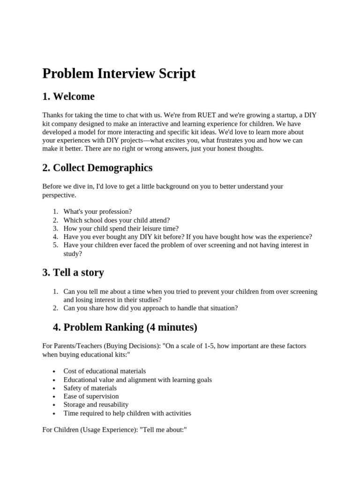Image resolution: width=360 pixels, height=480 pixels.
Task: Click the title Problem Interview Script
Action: click(119, 74)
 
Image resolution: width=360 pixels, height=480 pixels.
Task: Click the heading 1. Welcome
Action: click(68, 97)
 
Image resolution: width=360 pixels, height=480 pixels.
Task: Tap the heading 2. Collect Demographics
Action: click(97, 168)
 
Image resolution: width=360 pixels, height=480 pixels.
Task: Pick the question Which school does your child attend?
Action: click(116, 220)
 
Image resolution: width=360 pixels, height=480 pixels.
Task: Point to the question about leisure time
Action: click(121, 228)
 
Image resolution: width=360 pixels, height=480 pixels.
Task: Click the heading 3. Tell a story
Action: click(73, 272)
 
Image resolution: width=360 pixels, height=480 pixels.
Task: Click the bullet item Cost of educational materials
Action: click(105, 371)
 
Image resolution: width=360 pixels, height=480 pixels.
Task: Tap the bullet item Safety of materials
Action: click(90, 388)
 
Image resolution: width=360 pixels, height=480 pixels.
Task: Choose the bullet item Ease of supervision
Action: click(91, 396)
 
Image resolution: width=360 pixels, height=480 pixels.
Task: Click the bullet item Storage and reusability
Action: click(96, 405)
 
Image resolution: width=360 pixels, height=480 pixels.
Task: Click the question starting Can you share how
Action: click(150, 308)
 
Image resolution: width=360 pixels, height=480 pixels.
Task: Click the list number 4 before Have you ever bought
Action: click(55, 237)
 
